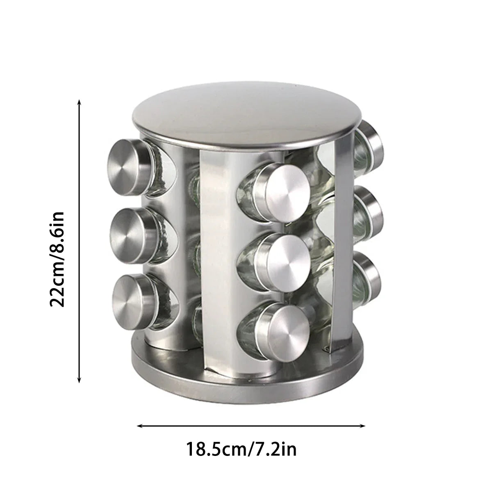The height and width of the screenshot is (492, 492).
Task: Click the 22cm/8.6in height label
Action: coord(57,259)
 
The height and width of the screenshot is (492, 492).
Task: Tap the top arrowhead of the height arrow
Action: coord(79,101)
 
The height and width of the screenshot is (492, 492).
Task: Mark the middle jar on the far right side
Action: coord(369,213)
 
